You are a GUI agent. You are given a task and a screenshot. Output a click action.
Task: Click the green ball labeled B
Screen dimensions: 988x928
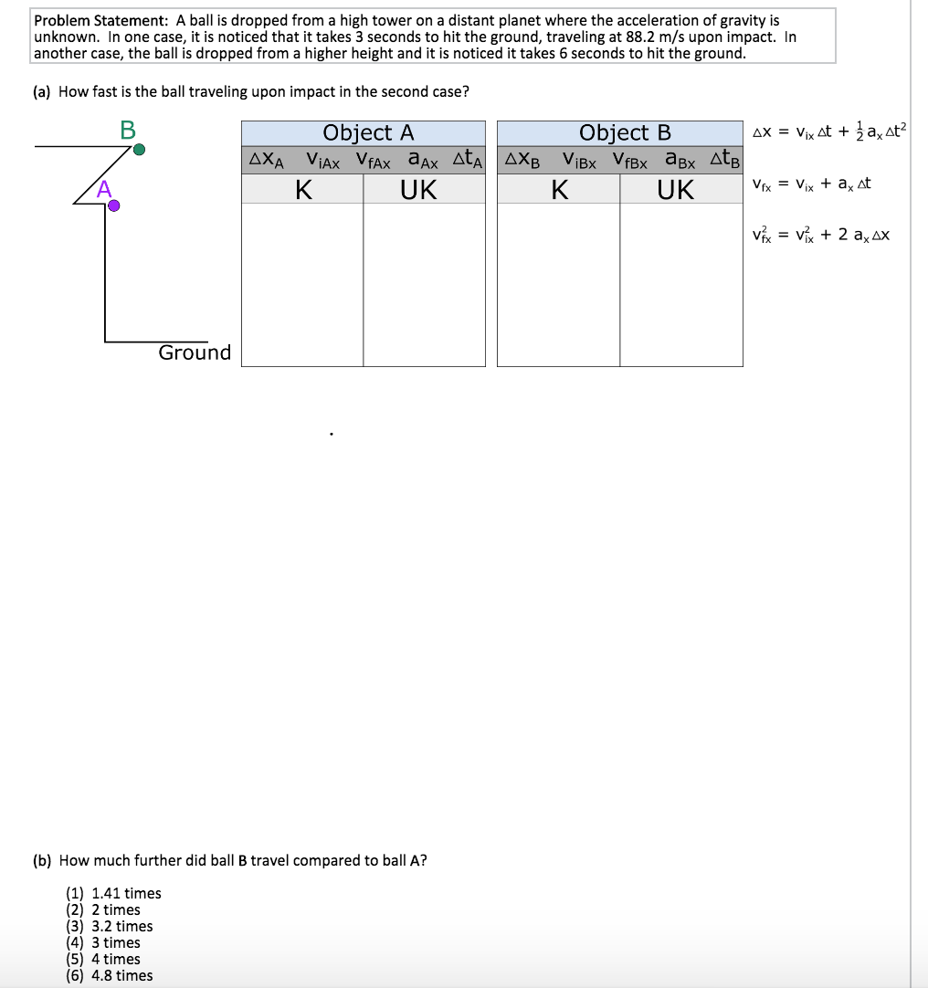(x=138, y=149)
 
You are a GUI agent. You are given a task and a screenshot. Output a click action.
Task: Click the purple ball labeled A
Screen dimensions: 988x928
(x=113, y=206)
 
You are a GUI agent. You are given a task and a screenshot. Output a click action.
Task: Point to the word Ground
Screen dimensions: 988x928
(x=195, y=352)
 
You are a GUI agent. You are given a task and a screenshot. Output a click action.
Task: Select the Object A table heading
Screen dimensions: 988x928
(x=368, y=133)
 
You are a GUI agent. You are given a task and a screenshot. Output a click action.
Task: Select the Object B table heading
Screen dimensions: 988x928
(x=625, y=133)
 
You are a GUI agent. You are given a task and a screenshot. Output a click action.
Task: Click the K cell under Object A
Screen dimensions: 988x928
(x=303, y=190)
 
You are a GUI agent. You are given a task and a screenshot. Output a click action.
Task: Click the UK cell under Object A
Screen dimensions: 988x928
(x=418, y=190)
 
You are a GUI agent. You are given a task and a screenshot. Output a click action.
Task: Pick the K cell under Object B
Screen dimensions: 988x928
(x=559, y=190)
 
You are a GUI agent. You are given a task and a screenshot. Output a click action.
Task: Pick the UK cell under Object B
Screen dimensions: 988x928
(x=676, y=190)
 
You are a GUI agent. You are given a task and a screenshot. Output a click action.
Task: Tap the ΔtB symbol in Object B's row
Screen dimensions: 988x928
(x=725, y=161)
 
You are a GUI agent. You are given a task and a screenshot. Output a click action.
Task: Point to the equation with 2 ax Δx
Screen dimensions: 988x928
(x=819, y=235)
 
